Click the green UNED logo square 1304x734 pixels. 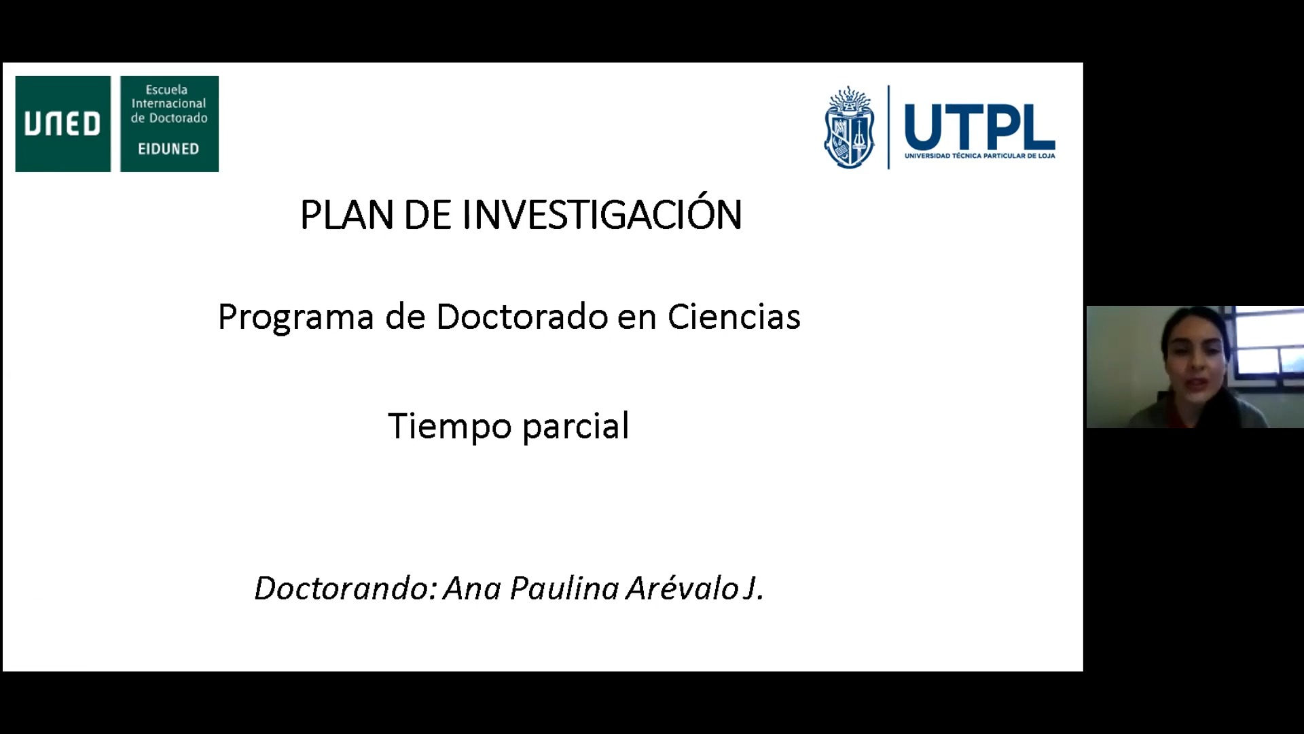pyautogui.click(x=62, y=124)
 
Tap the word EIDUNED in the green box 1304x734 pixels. pyautogui.click(x=168, y=149)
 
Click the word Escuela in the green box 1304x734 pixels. pyautogui.click(x=166, y=90)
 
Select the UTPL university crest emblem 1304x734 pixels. pyautogui.click(x=848, y=128)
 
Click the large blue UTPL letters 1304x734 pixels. pyautogui.click(x=979, y=127)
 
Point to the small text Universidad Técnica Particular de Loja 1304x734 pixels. pyautogui.click(x=979, y=156)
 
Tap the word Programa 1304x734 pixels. pyautogui.click(x=296, y=318)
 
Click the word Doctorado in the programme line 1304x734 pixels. pyautogui.click(x=522, y=317)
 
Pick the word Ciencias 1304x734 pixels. pyautogui.click(x=734, y=317)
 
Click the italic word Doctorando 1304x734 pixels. pyautogui.click(x=346, y=589)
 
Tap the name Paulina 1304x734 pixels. pyautogui.click(x=564, y=589)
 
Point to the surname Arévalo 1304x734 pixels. pyautogui.click(x=683, y=589)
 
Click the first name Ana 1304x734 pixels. pyautogui.click(x=473, y=589)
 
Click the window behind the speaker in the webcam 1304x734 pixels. pyautogui.click(x=1267, y=343)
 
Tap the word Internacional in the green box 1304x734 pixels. pyautogui.click(x=168, y=104)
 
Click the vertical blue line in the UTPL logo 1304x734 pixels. pyautogui.click(x=888, y=127)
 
